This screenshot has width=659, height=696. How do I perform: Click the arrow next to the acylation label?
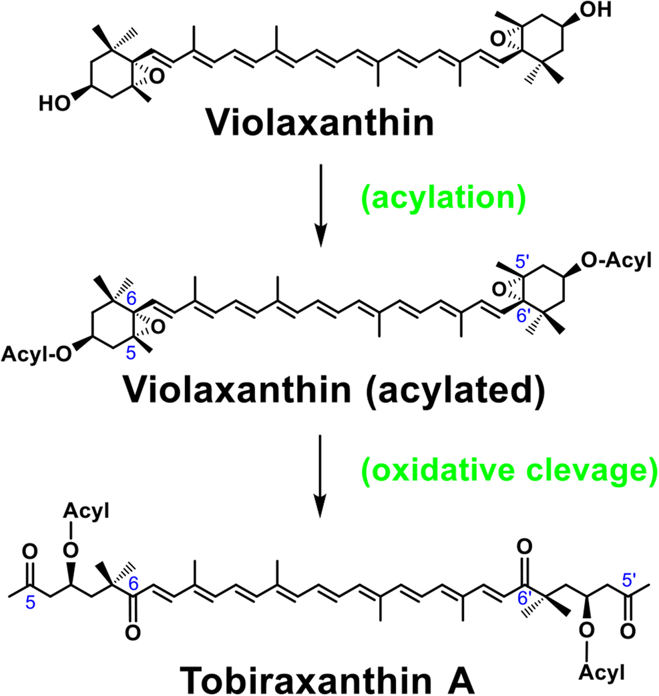(x=320, y=206)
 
